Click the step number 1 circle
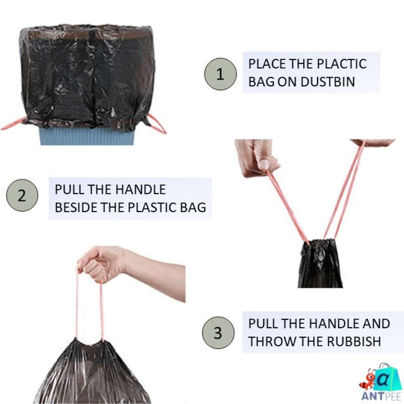(220, 74)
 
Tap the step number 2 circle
(22, 195)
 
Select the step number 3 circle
(218, 333)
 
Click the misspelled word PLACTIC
(341, 64)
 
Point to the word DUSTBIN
(328, 82)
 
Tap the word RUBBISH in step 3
(354, 342)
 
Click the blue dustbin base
(87, 136)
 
